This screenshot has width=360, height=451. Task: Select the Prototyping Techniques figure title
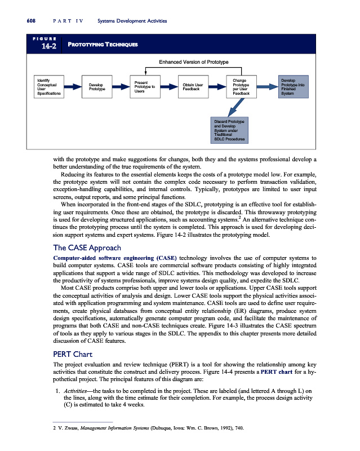click(103, 44)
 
